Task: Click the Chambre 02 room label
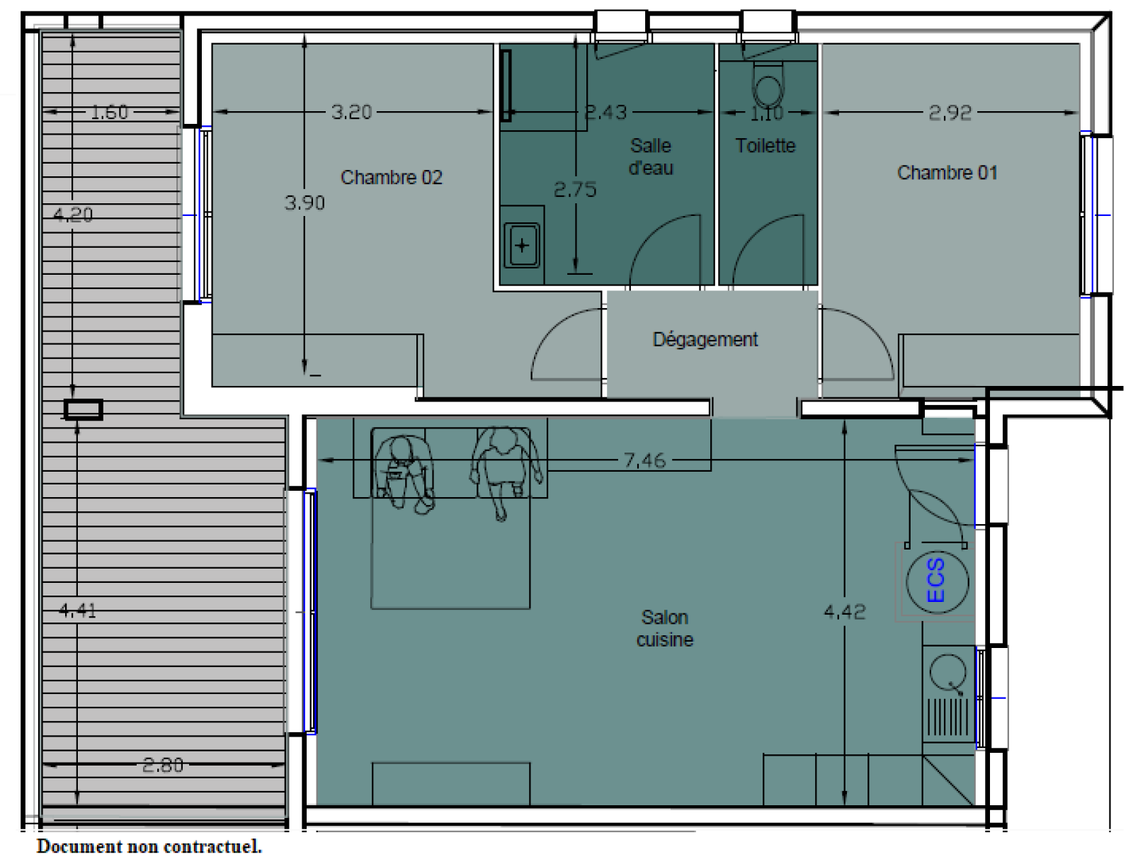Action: (392, 178)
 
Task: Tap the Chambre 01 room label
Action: (947, 172)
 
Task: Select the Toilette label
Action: (765, 146)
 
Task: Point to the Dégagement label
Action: (705, 340)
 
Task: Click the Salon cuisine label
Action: (665, 628)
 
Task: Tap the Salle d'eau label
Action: (651, 157)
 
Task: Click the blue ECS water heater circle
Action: (938, 581)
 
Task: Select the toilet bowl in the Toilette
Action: (768, 86)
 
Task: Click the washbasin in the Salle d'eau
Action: (522, 245)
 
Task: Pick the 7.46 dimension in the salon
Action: (644, 460)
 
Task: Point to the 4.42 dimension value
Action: (845, 612)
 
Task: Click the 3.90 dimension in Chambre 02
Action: (304, 203)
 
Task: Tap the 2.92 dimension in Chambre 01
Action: (950, 113)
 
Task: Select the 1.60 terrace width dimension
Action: (110, 112)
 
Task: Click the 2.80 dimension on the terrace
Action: (163, 766)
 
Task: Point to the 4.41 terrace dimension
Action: (77, 611)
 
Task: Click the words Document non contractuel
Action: (149, 846)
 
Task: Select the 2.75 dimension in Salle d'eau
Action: (575, 190)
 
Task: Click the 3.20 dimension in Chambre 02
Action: (351, 112)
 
